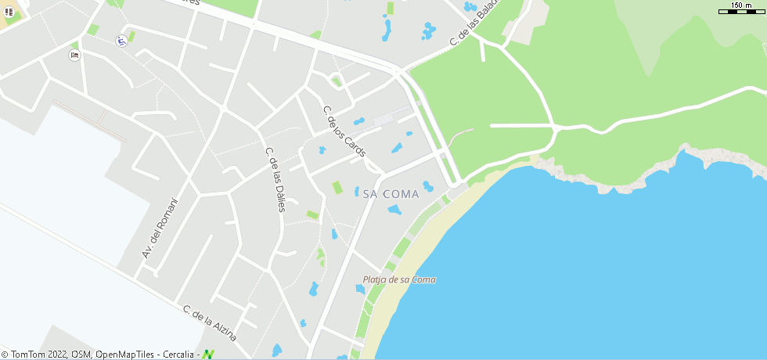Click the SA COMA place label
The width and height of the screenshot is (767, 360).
pyautogui.click(x=391, y=194)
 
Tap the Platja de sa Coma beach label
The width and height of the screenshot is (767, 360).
pyautogui.click(x=399, y=279)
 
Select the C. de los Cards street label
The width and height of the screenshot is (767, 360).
pyautogui.click(x=344, y=131)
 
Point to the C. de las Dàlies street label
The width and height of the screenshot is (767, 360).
pyautogui.click(x=275, y=179)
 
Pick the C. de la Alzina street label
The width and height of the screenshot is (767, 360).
pyautogui.click(x=209, y=322)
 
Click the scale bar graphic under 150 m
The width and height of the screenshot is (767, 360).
pyautogui.click(x=741, y=12)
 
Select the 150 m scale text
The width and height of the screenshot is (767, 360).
pyautogui.click(x=741, y=5)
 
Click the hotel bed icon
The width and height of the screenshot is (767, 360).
pyautogui.click(x=74, y=56)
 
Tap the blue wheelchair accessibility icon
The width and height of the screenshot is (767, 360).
pyautogui.click(x=121, y=41)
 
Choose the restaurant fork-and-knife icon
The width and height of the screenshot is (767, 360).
pyautogui.click(x=9, y=13)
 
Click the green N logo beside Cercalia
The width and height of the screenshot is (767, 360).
pyautogui.click(x=207, y=355)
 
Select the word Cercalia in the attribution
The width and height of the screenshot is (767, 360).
pyautogui.click(x=180, y=355)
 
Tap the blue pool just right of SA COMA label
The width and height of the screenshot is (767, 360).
pyautogui.click(x=427, y=186)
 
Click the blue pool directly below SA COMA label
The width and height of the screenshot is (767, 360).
pyautogui.click(x=394, y=210)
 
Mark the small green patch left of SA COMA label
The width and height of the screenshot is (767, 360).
pyautogui.click(x=337, y=188)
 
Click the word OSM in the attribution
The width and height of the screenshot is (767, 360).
pyautogui.click(x=81, y=355)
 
